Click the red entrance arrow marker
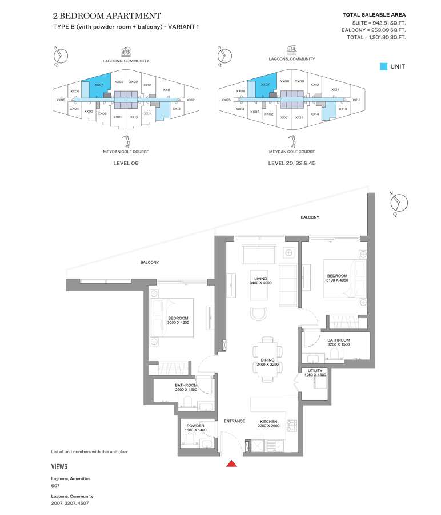point(231,463)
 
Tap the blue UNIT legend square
point(383,66)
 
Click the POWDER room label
point(195,425)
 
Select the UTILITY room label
point(315,370)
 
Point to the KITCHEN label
point(268,421)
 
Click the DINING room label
point(267,360)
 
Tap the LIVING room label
point(260,279)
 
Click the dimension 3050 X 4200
point(178,323)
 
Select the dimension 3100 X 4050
point(337,280)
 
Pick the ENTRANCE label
point(234,421)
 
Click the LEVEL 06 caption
point(126,163)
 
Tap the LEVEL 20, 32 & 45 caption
point(292,163)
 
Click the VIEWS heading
point(59,467)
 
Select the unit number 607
point(55,485)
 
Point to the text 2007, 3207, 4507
point(70,503)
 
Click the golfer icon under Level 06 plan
point(126,141)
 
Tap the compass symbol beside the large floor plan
point(399,203)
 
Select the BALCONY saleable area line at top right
point(374,30)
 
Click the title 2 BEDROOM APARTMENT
point(107,16)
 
